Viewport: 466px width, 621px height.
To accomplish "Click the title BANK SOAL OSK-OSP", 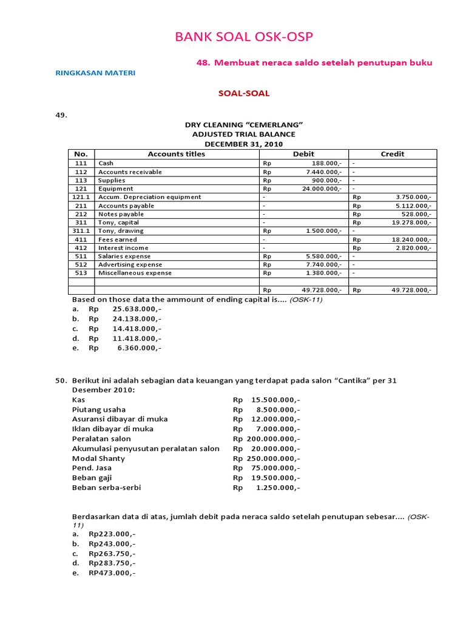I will (244, 38).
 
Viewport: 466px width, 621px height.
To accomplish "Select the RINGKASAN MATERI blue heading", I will (95, 73).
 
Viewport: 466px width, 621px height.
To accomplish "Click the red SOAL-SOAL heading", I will (243, 93).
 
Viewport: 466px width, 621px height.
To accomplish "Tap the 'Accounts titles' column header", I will (176, 154).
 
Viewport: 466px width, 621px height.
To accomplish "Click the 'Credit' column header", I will (392, 154).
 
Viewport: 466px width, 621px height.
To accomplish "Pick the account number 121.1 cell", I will (81, 197).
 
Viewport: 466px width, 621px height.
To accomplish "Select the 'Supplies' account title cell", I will (112, 180).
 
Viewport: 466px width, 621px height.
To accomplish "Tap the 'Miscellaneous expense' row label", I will (135, 273).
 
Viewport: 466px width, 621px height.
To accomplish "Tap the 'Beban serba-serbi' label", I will (104, 487).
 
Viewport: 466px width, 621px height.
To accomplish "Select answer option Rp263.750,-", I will (112, 554).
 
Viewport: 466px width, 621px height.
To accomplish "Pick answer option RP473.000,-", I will (112, 573).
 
